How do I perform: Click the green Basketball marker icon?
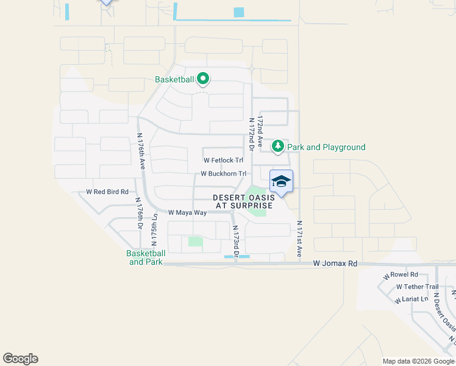click(202, 79)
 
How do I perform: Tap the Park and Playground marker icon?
click(278, 146)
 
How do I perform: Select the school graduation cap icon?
click(281, 182)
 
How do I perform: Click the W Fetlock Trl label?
click(223, 160)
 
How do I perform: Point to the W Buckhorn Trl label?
click(224, 174)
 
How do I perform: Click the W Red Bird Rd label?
click(107, 192)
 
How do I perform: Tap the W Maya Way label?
click(187, 212)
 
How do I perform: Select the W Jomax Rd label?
click(335, 264)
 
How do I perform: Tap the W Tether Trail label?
click(417, 287)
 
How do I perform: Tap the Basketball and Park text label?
click(146, 257)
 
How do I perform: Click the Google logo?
click(20, 359)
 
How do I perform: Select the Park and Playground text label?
click(326, 147)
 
